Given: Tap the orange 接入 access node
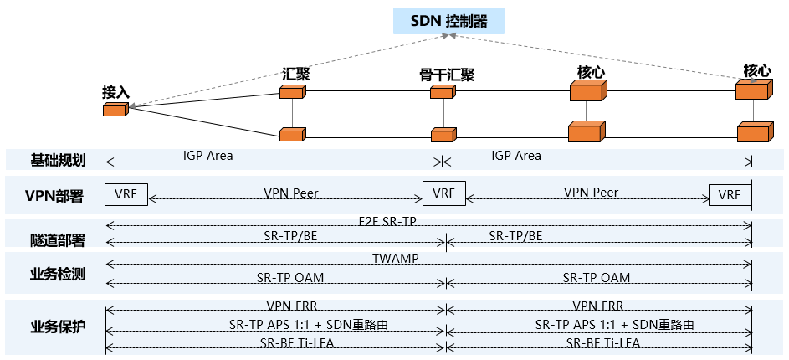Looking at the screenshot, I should [x=115, y=109].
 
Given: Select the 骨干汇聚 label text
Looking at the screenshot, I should [x=447, y=75].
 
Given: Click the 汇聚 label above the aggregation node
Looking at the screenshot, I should [x=295, y=74].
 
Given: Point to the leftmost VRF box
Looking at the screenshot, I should [x=126, y=194].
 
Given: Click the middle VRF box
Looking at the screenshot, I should [x=443, y=194].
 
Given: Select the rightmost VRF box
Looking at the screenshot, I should [x=730, y=195].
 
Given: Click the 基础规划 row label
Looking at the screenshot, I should [x=58, y=159].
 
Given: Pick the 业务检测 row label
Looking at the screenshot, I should [x=58, y=273].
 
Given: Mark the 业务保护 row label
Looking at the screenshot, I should [x=58, y=325].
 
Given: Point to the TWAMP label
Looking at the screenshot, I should [x=395, y=259].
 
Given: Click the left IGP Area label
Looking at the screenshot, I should [x=207, y=156].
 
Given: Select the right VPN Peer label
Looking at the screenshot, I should [x=591, y=193].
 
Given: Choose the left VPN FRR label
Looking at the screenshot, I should [x=290, y=306].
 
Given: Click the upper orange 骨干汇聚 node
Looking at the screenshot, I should [x=442, y=92].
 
